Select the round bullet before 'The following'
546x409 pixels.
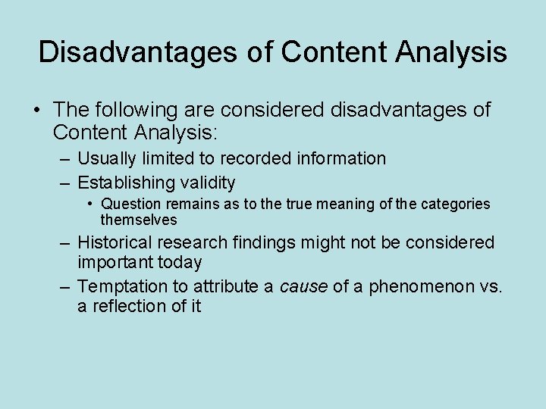(36, 111)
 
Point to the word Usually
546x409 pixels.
(108, 158)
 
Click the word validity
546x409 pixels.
(207, 183)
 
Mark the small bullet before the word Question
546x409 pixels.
(89, 204)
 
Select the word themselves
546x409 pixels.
(139, 220)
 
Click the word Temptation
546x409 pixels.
(122, 286)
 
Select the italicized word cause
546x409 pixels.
(302, 286)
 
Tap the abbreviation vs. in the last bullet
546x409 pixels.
(491, 286)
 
